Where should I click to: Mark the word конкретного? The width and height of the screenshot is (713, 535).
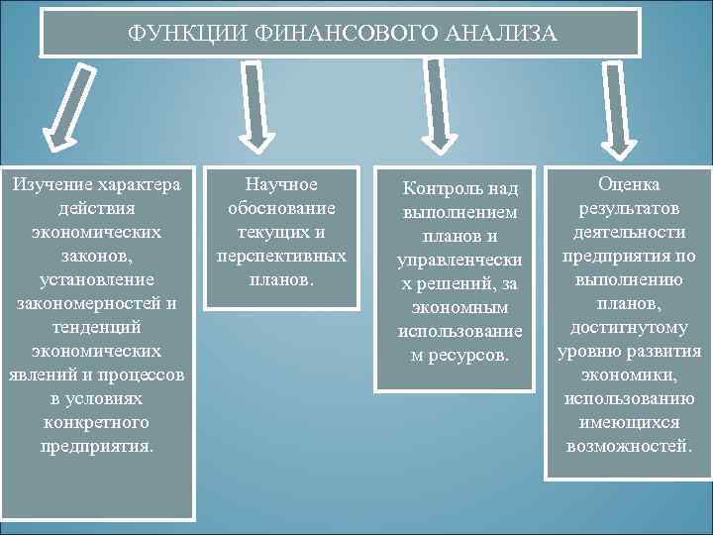97,423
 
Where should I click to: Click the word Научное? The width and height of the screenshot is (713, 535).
281,185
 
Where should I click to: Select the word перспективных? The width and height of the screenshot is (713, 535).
281,257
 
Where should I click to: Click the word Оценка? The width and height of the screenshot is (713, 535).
629,184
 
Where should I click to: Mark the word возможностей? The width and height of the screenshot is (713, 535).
629,446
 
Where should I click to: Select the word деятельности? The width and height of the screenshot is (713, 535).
629,232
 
